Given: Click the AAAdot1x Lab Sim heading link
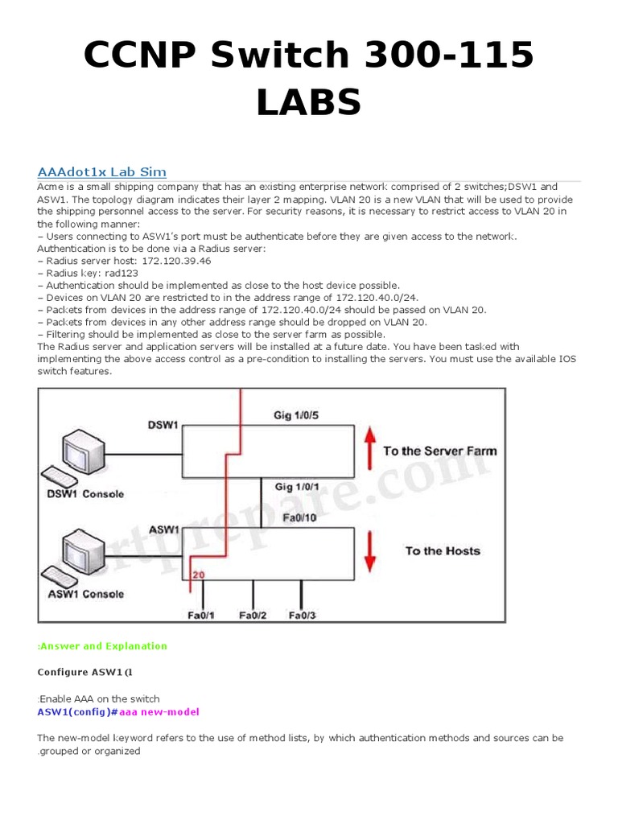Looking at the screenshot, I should (x=102, y=171).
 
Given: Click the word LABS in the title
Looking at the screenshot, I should (x=308, y=102).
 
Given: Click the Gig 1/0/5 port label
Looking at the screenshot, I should (x=299, y=415).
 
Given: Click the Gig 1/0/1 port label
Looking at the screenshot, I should (x=300, y=488).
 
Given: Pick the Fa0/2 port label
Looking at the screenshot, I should (x=253, y=616).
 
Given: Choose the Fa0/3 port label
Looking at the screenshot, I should (x=303, y=616).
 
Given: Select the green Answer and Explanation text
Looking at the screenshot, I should (x=102, y=645).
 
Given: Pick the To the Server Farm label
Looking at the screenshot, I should (x=439, y=451).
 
